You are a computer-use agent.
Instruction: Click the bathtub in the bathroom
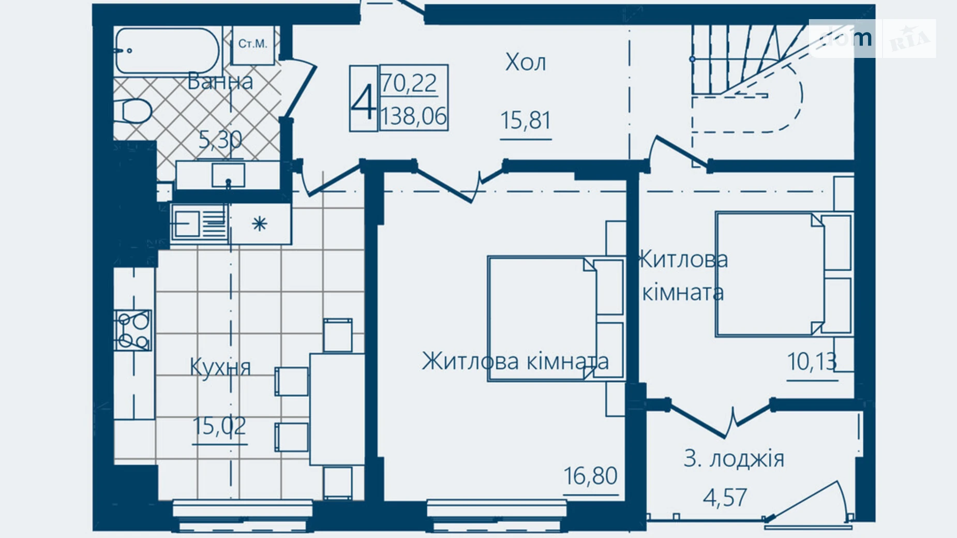(167, 51)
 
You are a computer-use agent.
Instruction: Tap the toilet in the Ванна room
(136, 111)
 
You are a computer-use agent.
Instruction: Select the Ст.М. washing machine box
(253, 45)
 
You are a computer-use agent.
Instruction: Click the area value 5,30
(220, 140)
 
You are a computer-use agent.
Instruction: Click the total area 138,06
(413, 116)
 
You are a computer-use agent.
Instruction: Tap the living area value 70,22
(409, 83)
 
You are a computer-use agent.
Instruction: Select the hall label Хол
(526, 63)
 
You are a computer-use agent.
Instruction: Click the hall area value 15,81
(526, 121)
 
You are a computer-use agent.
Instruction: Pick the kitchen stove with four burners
(133, 330)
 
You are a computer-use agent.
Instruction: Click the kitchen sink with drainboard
(198, 223)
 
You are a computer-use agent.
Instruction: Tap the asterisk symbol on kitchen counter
(259, 224)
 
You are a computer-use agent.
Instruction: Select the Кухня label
(220, 367)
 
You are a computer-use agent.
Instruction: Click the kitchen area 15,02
(219, 426)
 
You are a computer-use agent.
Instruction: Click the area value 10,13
(812, 362)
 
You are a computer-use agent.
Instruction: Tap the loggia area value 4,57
(725, 498)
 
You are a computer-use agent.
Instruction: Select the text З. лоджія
(734, 459)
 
